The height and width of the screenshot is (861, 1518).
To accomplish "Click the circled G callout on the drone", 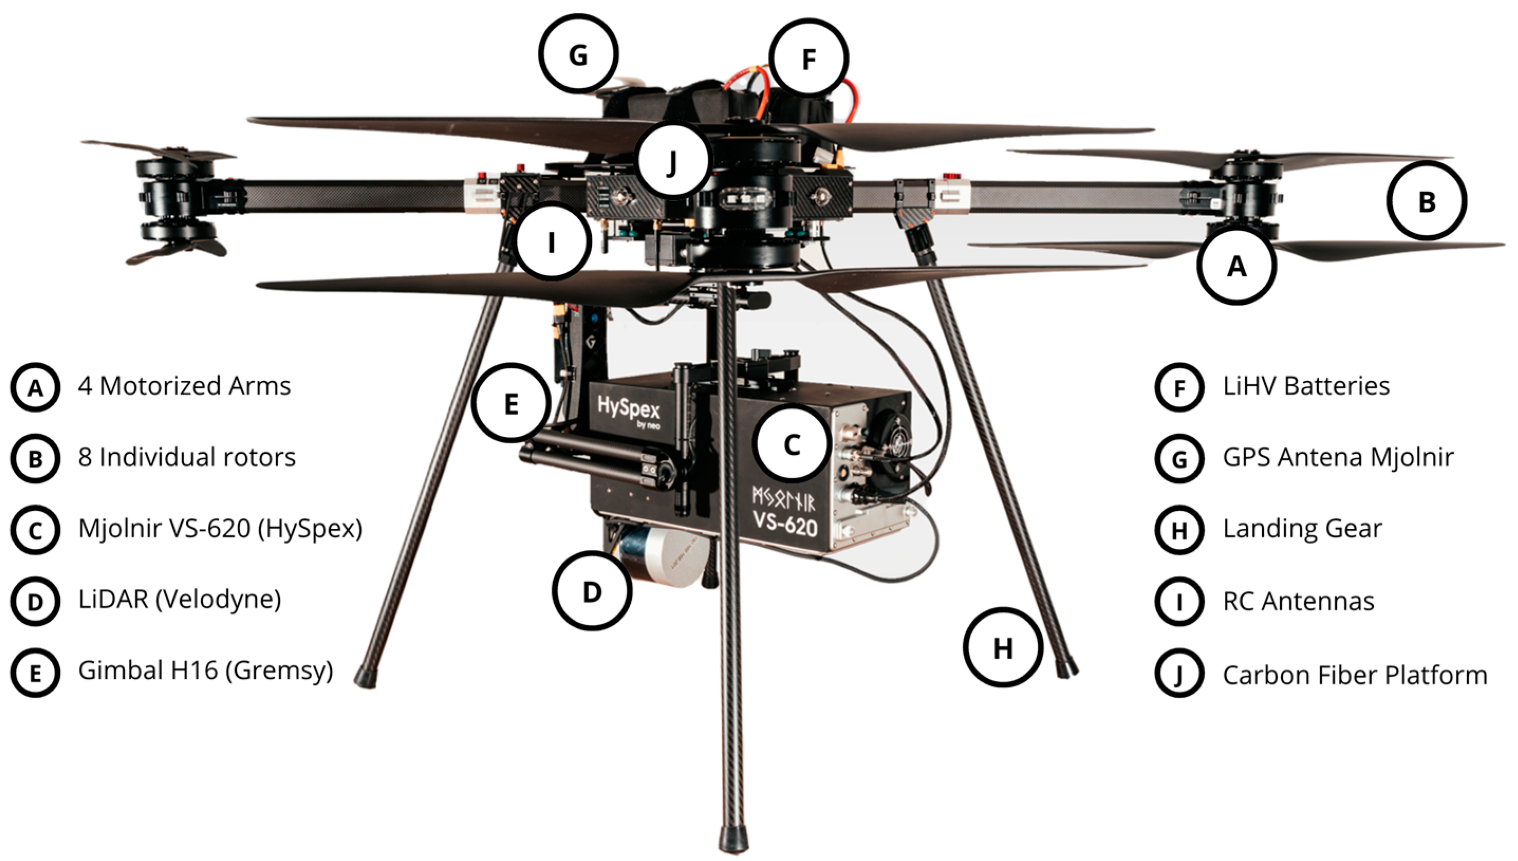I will [578, 54].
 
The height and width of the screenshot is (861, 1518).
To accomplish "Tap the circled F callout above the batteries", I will [808, 58].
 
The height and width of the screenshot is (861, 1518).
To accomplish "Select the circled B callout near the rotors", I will [1427, 201].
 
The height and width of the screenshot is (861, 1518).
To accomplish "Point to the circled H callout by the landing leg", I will [1002, 648].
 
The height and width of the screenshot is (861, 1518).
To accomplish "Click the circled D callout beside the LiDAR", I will [592, 592].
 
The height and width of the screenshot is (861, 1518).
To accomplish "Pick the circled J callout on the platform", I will [673, 161].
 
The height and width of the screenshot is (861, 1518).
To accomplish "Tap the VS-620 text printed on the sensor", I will [785, 524].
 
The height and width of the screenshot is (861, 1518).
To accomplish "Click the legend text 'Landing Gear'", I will [1302, 529].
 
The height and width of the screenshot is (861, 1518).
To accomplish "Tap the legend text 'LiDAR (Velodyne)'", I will [179, 600].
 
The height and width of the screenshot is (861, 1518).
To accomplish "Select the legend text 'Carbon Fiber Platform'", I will [1354, 675].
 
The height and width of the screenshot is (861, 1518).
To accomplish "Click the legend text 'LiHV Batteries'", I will [1306, 386].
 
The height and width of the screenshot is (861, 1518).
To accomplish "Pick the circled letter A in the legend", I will [35, 387].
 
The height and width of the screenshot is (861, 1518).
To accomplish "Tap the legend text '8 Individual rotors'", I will [187, 457].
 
